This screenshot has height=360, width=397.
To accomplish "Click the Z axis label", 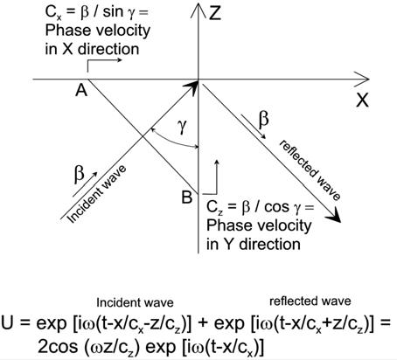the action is coord(215,13).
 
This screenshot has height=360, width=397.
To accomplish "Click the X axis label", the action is coord(362,100).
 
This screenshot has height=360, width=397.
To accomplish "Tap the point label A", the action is coord(81,90).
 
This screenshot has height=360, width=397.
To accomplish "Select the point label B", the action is coord(187,197).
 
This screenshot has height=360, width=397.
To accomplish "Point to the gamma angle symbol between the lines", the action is coord(183,127).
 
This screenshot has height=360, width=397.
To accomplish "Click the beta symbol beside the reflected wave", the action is coord(264,120).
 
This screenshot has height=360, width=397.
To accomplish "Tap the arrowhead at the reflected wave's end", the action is coord(335,217).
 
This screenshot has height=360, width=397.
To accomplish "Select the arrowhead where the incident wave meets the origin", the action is coord(192,87).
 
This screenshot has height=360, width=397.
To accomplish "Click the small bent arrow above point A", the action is coord(104,65).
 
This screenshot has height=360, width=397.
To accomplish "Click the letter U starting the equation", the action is coord(7,323).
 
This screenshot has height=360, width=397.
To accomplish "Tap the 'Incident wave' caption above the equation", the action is coord(135,303).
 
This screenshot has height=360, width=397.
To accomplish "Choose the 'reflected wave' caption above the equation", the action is coord(310,301).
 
